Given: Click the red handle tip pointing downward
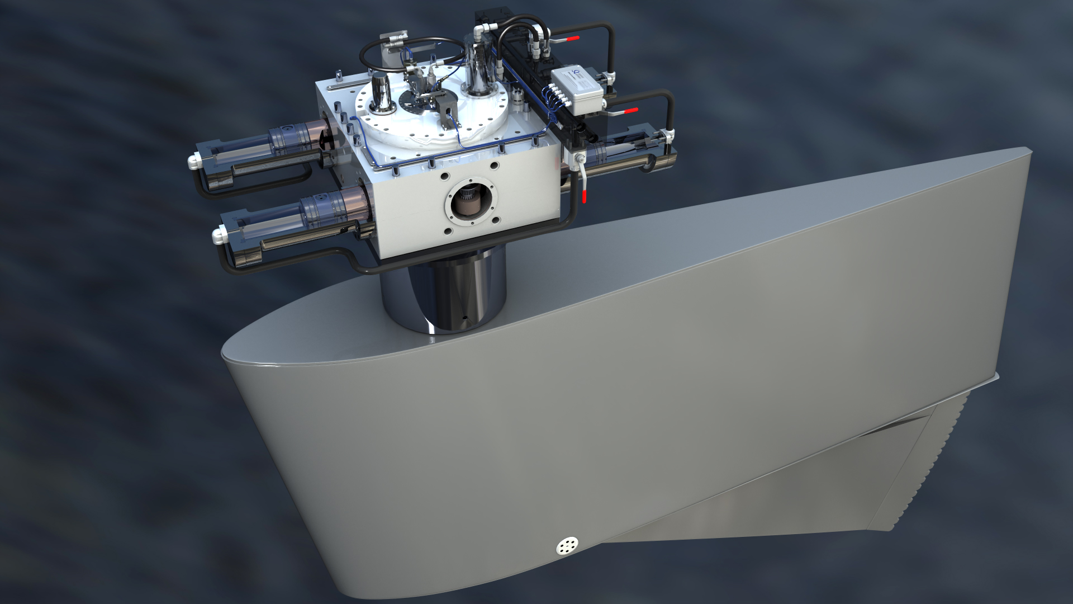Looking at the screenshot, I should pyautogui.click(x=585, y=196).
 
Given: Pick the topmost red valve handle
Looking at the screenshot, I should pyautogui.click(x=573, y=39).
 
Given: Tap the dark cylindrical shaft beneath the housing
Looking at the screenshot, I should pyautogui.click(x=443, y=294).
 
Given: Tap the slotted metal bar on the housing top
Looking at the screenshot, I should pyautogui.click(x=342, y=87).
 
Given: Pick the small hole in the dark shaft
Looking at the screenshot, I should pyautogui.click(x=465, y=317).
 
